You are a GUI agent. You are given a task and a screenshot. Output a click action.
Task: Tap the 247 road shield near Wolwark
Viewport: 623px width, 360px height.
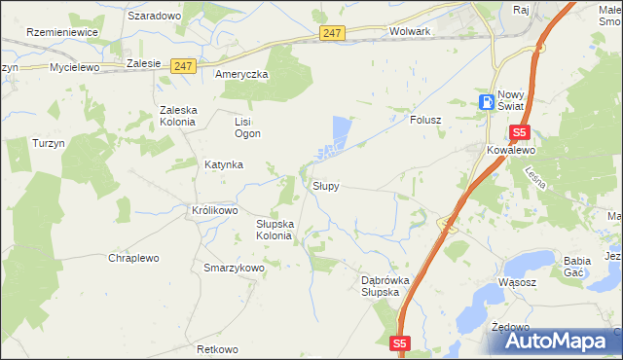click(332, 33)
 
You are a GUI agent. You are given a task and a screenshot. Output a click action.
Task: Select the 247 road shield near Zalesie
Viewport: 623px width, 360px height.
click(183, 66)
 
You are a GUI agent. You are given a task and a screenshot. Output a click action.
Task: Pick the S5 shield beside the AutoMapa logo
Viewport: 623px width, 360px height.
click(401, 342)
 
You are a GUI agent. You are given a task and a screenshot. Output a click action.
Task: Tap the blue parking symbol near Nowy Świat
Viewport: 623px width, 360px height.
click(486, 102)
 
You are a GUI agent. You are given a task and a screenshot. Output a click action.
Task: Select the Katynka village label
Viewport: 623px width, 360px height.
click(223, 165)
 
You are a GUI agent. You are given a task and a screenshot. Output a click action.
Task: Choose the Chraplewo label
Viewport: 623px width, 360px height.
click(134, 258)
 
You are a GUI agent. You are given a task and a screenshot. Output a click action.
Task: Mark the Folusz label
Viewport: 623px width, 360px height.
click(425, 121)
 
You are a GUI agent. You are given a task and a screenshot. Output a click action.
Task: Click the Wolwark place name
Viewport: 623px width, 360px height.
click(409, 31)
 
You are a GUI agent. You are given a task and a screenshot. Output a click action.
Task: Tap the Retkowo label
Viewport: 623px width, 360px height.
click(217, 349)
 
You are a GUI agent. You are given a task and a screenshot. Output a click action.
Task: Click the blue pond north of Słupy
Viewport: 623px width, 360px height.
click(340, 130)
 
